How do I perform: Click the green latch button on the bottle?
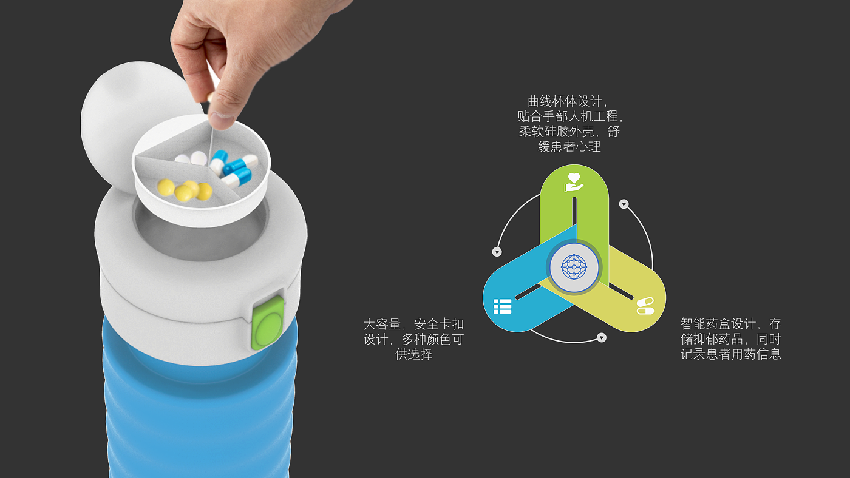(x=268, y=323)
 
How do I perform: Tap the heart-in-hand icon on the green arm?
(x=573, y=183)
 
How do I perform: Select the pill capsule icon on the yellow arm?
(x=645, y=306)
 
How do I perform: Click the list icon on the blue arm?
(x=503, y=306)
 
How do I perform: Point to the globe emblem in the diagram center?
(x=574, y=268)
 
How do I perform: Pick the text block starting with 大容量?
(x=413, y=339)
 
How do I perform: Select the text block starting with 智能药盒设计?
(x=730, y=339)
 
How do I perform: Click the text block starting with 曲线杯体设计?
(x=569, y=124)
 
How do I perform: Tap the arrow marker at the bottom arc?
(x=602, y=337)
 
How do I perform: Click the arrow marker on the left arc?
(x=497, y=252)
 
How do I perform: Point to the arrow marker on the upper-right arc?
(x=624, y=204)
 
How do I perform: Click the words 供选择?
(x=413, y=354)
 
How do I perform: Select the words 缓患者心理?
(x=569, y=147)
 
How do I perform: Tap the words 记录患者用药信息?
(x=730, y=354)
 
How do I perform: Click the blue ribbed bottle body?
(x=200, y=402)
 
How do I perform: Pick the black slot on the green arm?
(x=574, y=211)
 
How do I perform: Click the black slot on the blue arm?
(x=528, y=292)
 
